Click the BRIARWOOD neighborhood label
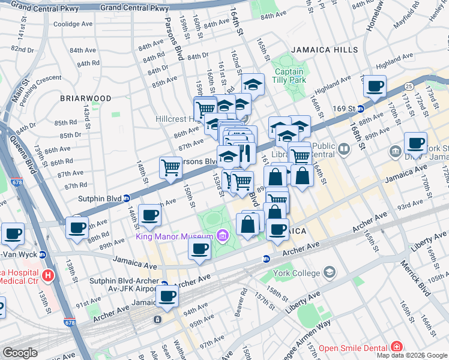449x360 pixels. tap(85, 98)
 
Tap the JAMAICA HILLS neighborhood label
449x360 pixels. tap(325, 50)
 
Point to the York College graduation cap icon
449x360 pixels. tap(328, 273)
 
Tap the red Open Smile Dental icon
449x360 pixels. tap(396, 347)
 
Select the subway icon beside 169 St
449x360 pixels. tap(361, 109)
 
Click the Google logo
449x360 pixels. tap(20, 352)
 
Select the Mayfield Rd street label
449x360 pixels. tap(408, 19)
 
